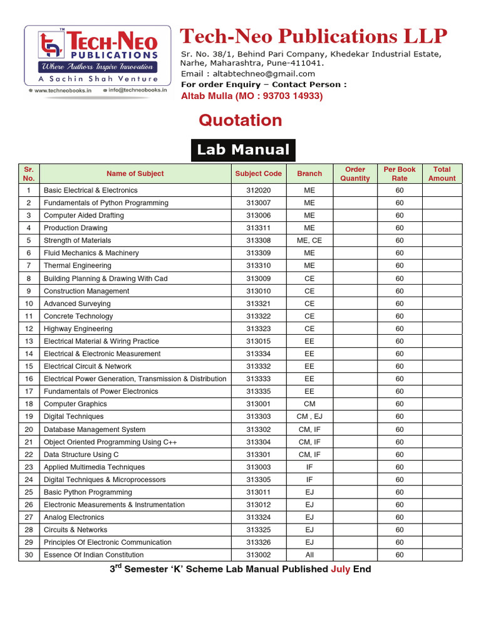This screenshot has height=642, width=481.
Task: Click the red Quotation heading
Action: point(240,120)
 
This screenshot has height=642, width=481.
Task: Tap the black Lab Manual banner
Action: point(243,150)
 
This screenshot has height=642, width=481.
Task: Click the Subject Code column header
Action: point(258,174)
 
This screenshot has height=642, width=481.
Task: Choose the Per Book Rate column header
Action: point(399,174)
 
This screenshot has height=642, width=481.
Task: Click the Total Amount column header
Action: point(442,174)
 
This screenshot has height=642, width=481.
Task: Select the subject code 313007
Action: point(258,203)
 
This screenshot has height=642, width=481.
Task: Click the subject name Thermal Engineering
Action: point(77,266)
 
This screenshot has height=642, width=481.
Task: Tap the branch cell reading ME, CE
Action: point(309,241)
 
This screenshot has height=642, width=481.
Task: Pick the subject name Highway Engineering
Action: point(78,329)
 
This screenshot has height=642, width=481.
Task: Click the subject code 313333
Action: point(258,379)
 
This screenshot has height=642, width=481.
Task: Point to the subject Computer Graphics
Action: point(75,404)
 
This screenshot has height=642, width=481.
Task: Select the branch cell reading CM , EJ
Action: point(309,416)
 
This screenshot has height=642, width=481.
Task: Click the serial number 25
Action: point(29,492)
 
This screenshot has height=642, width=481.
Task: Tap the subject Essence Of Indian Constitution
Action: point(93,555)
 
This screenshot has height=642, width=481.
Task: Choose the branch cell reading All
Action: point(309,555)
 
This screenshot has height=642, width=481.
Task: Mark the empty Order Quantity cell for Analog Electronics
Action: point(355,517)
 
